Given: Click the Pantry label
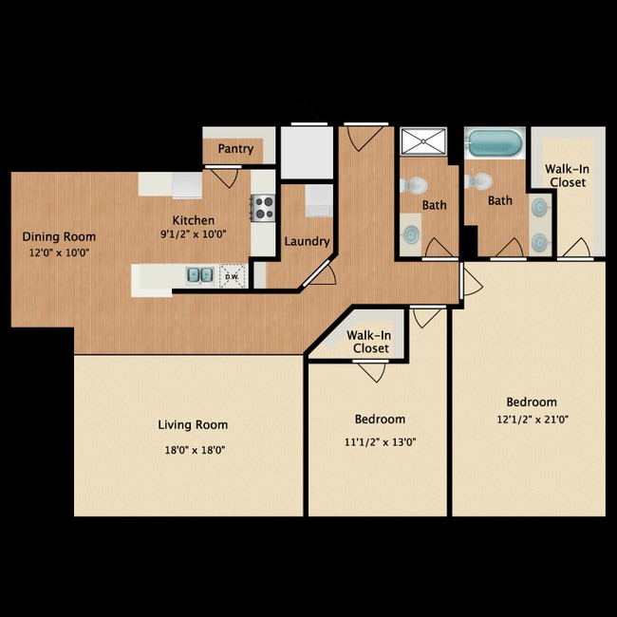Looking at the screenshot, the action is click(x=235, y=149).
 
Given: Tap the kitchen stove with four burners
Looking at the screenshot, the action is click(x=263, y=208).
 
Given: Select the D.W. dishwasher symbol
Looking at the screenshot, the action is click(x=233, y=276).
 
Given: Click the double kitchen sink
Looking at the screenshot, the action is click(x=200, y=274).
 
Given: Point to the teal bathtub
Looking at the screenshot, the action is click(x=495, y=142).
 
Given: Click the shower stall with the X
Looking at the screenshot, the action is click(x=423, y=140).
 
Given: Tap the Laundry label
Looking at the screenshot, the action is click(x=307, y=241).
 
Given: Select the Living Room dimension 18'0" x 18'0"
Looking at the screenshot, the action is click(x=195, y=449).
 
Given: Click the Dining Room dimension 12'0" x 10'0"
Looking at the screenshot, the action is click(x=60, y=252).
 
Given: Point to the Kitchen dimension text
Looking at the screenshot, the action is click(x=193, y=234).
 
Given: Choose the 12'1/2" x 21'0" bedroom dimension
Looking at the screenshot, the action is click(x=533, y=419).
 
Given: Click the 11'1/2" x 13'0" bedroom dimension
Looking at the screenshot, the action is click(x=380, y=442).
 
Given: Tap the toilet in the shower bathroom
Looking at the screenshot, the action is click(x=414, y=184).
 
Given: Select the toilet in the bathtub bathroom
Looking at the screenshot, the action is click(x=478, y=181).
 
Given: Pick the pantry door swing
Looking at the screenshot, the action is click(x=224, y=178).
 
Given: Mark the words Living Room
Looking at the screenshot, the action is click(x=193, y=424).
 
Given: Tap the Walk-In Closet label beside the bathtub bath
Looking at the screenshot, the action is click(x=567, y=176).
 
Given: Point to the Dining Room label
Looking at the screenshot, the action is click(x=59, y=236).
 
